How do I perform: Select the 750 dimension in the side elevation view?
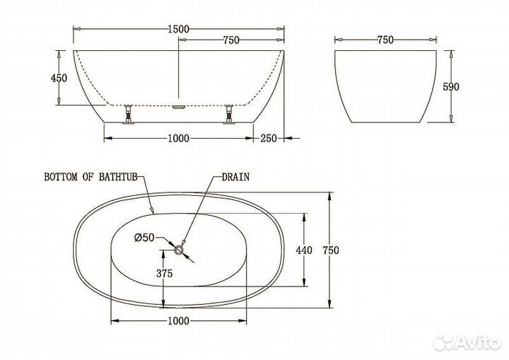(230, 40)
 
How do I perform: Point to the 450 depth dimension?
(60, 79)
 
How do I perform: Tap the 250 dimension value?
(267, 138)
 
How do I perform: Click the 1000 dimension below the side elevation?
(180, 138)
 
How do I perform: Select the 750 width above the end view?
(385, 40)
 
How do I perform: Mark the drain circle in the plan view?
(180, 249)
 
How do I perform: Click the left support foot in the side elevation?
(129, 114)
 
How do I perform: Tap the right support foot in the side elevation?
(229, 114)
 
